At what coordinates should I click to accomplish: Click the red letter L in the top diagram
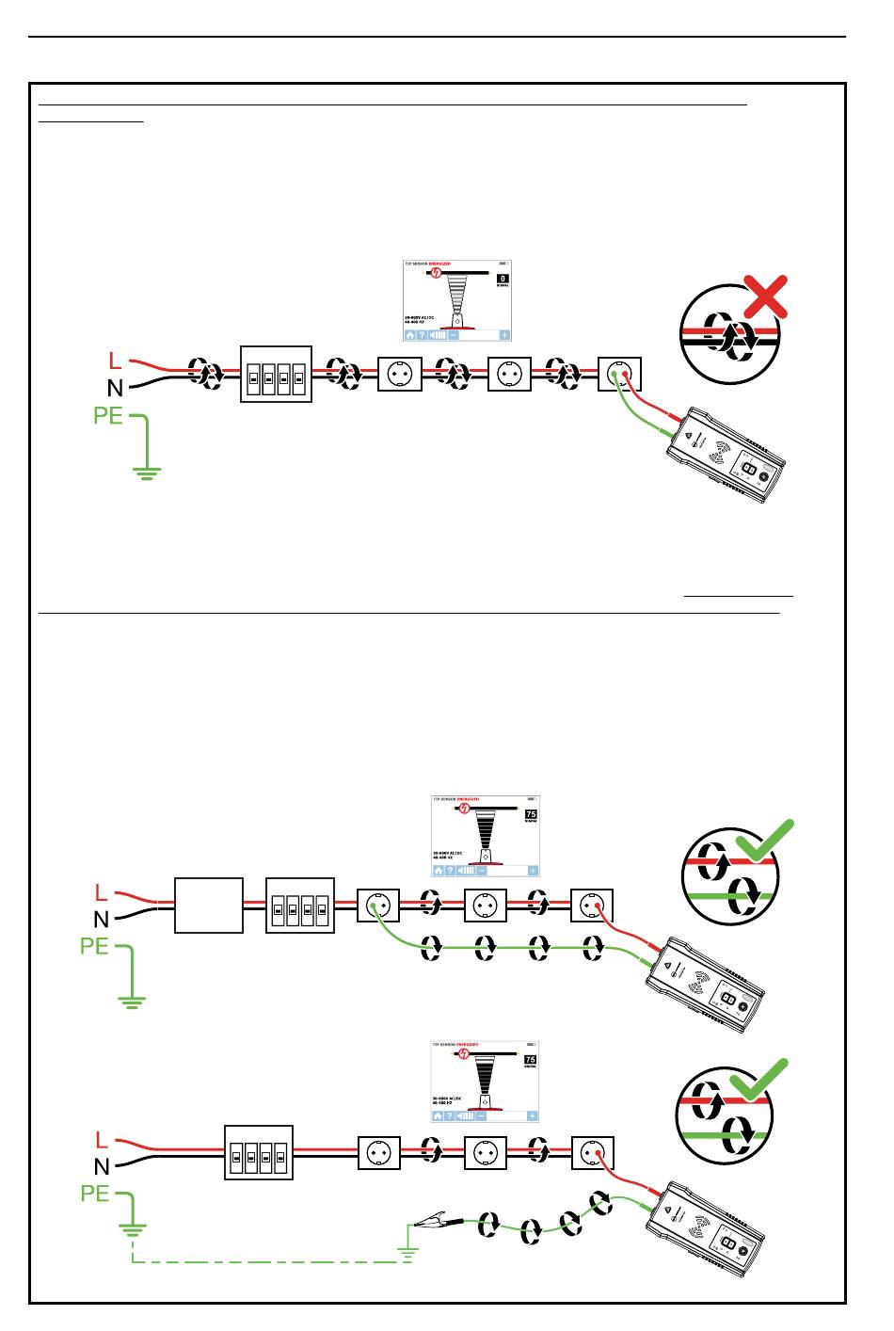[115, 361]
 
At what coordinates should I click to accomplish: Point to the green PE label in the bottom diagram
[95, 1194]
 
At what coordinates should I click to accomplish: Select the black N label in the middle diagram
[101, 918]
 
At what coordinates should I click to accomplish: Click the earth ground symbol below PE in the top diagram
[146, 472]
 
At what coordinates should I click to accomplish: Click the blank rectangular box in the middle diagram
[209, 906]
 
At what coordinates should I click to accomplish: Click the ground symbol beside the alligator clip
[407, 1249]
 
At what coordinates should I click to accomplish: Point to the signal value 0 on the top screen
[503, 279]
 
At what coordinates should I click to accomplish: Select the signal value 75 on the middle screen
[530, 814]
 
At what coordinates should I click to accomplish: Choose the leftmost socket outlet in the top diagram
[399, 374]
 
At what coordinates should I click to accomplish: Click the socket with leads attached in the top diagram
[620, 374]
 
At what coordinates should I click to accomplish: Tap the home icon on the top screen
[410, 334]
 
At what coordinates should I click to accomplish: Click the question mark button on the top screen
[423, 334]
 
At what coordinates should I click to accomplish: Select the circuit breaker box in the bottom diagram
[259, 1152]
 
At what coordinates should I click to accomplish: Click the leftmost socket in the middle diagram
[378, 906]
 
